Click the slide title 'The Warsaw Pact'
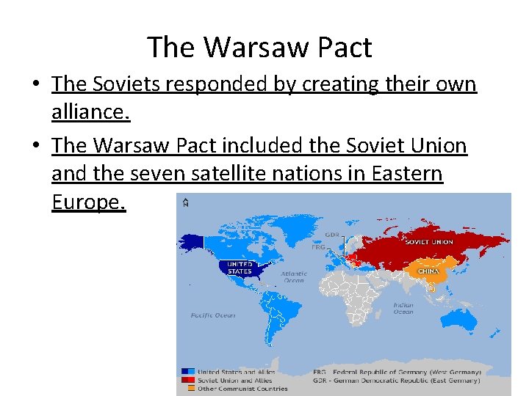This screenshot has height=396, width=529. tap(259, 48)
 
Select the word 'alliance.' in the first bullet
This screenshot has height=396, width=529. tap(90, 113)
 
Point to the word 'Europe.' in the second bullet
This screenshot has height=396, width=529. tap(89, 202)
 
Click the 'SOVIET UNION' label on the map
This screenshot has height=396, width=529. tap(428, 242)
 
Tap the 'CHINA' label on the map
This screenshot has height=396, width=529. tap(428, 271)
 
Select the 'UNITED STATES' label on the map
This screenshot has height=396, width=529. tap(240, 268)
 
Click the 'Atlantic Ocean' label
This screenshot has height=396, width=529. tap(293, 277)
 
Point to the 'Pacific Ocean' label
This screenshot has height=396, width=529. tap(213, 315)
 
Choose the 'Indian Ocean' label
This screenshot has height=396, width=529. tap(403, 309)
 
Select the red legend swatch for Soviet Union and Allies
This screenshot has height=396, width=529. tap(189, 380)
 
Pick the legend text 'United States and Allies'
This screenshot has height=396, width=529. tap(236, 372)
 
